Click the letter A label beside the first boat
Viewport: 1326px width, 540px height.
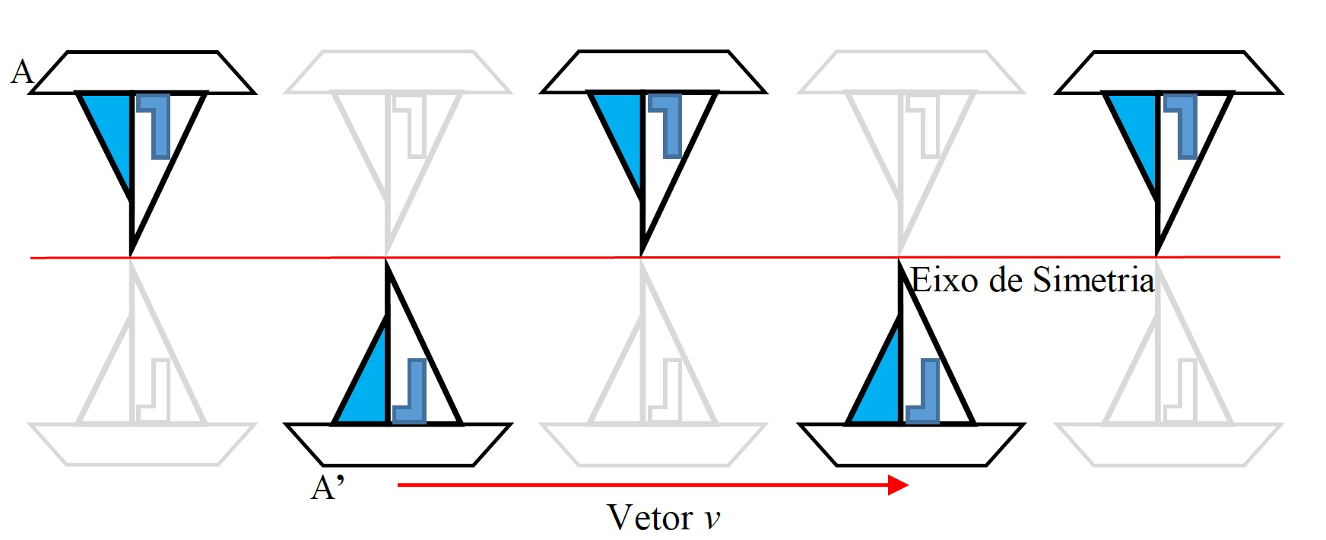(23, 71)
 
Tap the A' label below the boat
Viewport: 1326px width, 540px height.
(328, 488)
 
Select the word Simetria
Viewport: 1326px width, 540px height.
(1093, 281)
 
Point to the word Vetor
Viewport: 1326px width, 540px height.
(649, 518)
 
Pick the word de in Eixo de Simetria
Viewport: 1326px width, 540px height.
(1005, 281)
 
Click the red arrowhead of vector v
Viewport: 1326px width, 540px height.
(899, 484)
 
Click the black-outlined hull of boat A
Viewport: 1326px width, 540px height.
(142, 72)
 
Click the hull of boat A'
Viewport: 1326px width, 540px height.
(398, 444)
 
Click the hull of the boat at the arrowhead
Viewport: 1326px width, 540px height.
(912, 444)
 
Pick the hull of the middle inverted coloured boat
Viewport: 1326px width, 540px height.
(653, 72)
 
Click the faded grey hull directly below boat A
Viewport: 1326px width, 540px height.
(142, 444)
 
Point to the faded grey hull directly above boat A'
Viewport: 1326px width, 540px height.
(398, 72)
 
